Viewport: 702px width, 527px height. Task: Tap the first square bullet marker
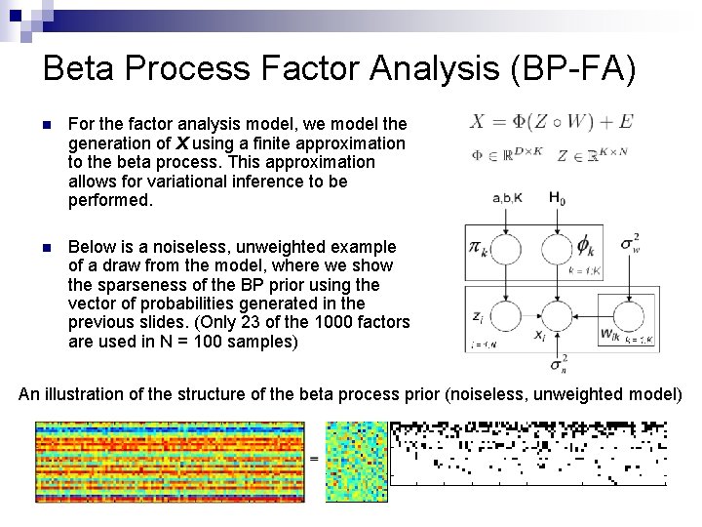[37, 125]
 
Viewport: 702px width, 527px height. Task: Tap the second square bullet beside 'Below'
[37, 248]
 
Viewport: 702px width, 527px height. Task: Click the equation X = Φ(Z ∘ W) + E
[551, 121]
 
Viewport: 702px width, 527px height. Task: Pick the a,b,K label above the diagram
[509, 199]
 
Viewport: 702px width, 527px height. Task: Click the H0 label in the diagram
[556, 199]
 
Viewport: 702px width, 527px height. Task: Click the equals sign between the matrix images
[314, 457]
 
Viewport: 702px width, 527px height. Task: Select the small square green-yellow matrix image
[356, 461]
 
